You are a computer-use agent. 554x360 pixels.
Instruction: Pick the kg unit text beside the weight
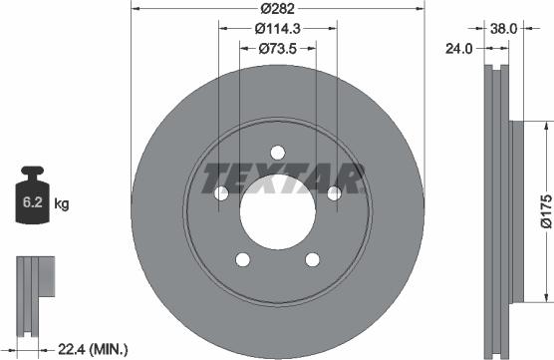[62, 204]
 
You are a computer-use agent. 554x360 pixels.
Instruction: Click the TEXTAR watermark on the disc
[282, 180]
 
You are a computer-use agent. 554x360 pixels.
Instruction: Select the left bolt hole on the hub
[220, 192]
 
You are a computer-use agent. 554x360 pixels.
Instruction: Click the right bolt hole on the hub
[336, 192]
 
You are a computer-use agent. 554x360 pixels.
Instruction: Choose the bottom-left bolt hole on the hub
[242, 259]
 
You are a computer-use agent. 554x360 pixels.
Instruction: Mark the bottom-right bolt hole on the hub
[314, 259]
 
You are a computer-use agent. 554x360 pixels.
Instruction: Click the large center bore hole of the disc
[278, 210]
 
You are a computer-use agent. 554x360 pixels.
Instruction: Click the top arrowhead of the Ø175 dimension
[546, 126]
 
